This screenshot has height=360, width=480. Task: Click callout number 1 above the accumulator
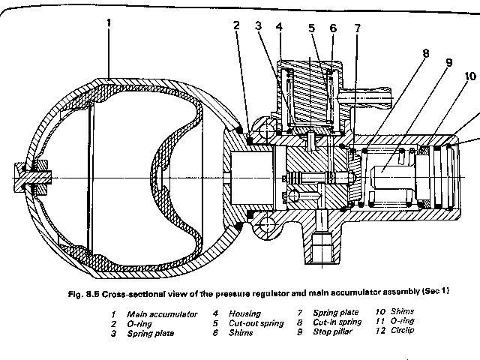[x=109, y=23]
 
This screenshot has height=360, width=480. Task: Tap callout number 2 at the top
[x=236, y=25]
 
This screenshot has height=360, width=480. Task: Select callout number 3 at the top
[x=258, y=25]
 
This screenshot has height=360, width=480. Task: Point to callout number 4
[x=279, y=27]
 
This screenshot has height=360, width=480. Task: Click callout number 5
[x=312, y=28]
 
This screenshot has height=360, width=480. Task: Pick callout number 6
[x=333, y=28]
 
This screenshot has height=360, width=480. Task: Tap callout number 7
[x=358, y=28]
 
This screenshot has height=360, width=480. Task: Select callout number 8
[x=425, y=53]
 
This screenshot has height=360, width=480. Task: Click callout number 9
[x=448, y=63]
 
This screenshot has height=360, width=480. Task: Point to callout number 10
[x=470, y=76]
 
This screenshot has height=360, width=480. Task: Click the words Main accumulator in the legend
[x=162, y=314]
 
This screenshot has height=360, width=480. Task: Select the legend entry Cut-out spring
[x=256, y=323]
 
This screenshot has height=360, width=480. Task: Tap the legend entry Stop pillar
[x=332, y=331]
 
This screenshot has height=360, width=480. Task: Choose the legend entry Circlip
[x=402, y=330]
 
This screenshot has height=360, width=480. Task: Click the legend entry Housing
[x=244, y=313]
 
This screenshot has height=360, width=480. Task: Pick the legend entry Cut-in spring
[x=337, y=322]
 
